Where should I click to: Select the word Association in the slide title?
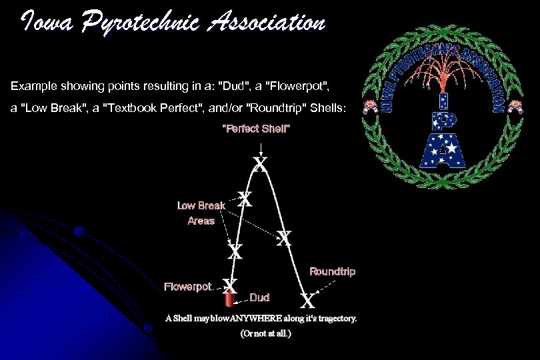point(267,23)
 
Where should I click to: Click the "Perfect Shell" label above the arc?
point(256,128)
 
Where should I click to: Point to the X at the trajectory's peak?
point(260,163)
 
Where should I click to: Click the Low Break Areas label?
point(201,213)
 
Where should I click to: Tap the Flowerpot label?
point(187,287)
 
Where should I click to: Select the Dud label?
point(259,297)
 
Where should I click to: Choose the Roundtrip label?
point(332,271)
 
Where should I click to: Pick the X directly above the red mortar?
point(230,285)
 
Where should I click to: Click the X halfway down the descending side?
point(285,237)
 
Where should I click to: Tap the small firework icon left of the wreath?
point(367,107)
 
